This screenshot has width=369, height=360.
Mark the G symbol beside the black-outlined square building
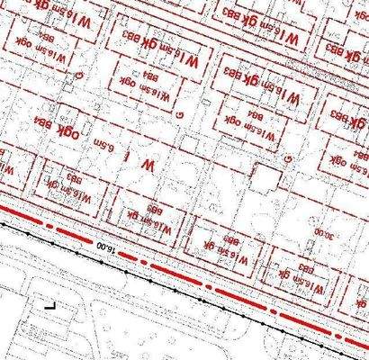[287, 159]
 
